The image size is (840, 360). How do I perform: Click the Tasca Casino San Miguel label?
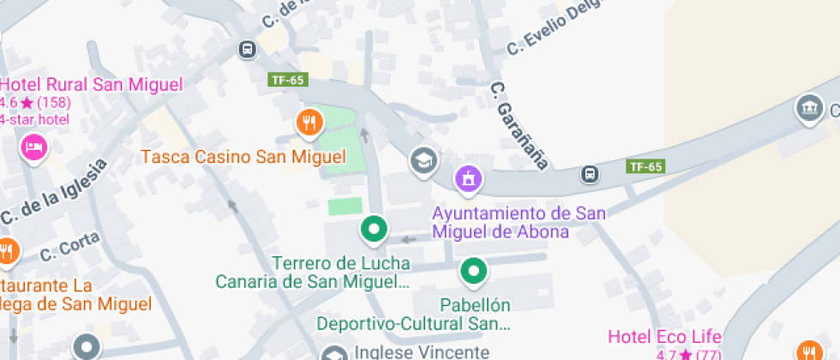pos(243,158)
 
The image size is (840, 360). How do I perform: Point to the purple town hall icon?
pos(469,178)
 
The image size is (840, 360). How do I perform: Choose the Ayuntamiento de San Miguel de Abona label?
pos(519,222)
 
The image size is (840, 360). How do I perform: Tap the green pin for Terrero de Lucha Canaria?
pos(374,228)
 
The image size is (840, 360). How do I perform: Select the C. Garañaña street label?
pos(519,124)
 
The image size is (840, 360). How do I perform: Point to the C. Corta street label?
pos(70,249)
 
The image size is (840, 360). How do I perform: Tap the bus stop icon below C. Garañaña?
pos(590,174)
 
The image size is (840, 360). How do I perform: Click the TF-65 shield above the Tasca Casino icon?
pos(287,80)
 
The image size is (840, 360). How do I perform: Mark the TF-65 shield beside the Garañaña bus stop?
pos(645,166)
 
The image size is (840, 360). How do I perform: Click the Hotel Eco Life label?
pos(664,337)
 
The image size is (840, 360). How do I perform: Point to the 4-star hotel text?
pos(34,119)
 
